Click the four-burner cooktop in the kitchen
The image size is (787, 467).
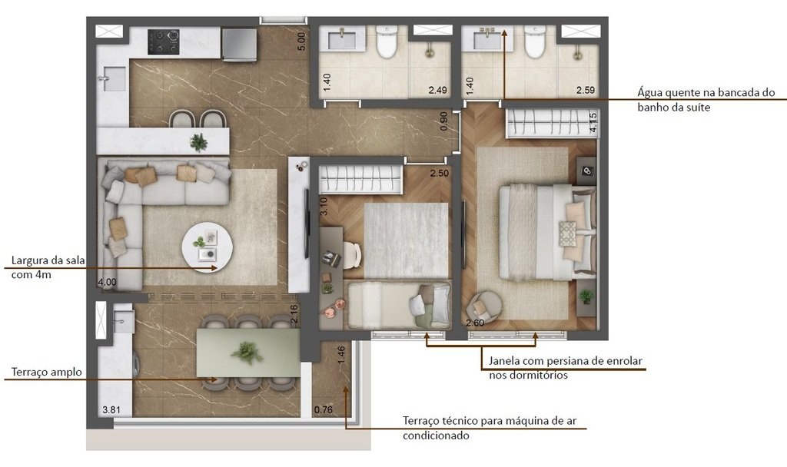[x=163, y=41]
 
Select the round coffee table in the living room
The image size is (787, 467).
[x=207, y=246]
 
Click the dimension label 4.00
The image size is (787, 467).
[x=107, y=283]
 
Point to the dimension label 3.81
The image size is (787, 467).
[x=111, y=409]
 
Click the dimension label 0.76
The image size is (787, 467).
[x=324, y=409]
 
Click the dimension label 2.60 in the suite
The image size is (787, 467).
[x=477, y=323]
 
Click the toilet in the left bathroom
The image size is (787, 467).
[x=387, y=43]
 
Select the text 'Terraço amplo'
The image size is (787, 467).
[x=46, y=373]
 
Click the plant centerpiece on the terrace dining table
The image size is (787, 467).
[x=247, y=353]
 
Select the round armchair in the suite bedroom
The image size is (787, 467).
[x=486, y=305]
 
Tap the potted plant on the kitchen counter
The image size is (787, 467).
[x=198, y=142]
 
